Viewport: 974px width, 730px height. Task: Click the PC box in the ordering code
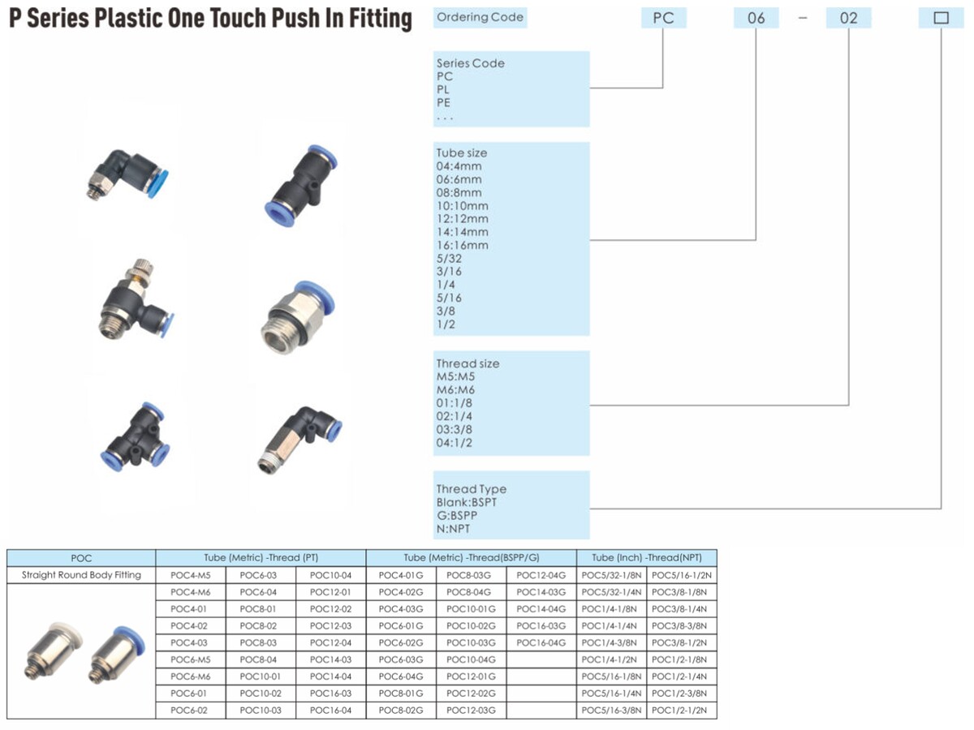pyautogui.click(x=663, y=18)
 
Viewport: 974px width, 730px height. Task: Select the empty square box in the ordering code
pyautogui.click(x=941, y=18)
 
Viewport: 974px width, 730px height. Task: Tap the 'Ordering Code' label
pyautogui.click(x=480, y=17)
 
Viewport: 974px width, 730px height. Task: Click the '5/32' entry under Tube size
pyautogui.click(x=449, y=259)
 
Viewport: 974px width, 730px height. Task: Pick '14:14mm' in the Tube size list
pyautogui.click(x=462, y=232)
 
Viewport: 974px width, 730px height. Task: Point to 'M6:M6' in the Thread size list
pyautogui.click(x=455, y=390)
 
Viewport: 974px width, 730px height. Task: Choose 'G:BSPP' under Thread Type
pyautogui.click(x=457, y=516)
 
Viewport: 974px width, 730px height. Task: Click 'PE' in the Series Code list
pyautogui.click(x=443, y=103)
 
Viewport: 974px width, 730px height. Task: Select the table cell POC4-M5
pyautogui.click(x=191, y=575)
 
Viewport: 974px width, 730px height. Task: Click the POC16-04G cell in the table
pyautogui.click(x=541, y=642)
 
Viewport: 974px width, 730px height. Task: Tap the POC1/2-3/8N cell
pyautogui.click(x=682, y=693)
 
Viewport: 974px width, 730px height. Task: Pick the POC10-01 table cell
pyautogui.click(x=261, y=676)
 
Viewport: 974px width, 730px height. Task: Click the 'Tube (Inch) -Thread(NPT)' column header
pyautogui.click(x=647, y=557)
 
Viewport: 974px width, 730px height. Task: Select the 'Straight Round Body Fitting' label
pyautogui.click(x=81, y=575)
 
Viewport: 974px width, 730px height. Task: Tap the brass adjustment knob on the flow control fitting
pyautogui.click(x=142, y=270)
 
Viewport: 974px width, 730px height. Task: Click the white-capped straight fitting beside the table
pyautogui.click(x=54, y=651)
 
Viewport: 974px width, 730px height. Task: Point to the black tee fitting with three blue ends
pyautogui.click(x=135, y=436)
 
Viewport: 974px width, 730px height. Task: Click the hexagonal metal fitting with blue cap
pyautogui.click(x=297, y=317)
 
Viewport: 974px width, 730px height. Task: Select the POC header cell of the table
pyautogui.click(x=81, y=558)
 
